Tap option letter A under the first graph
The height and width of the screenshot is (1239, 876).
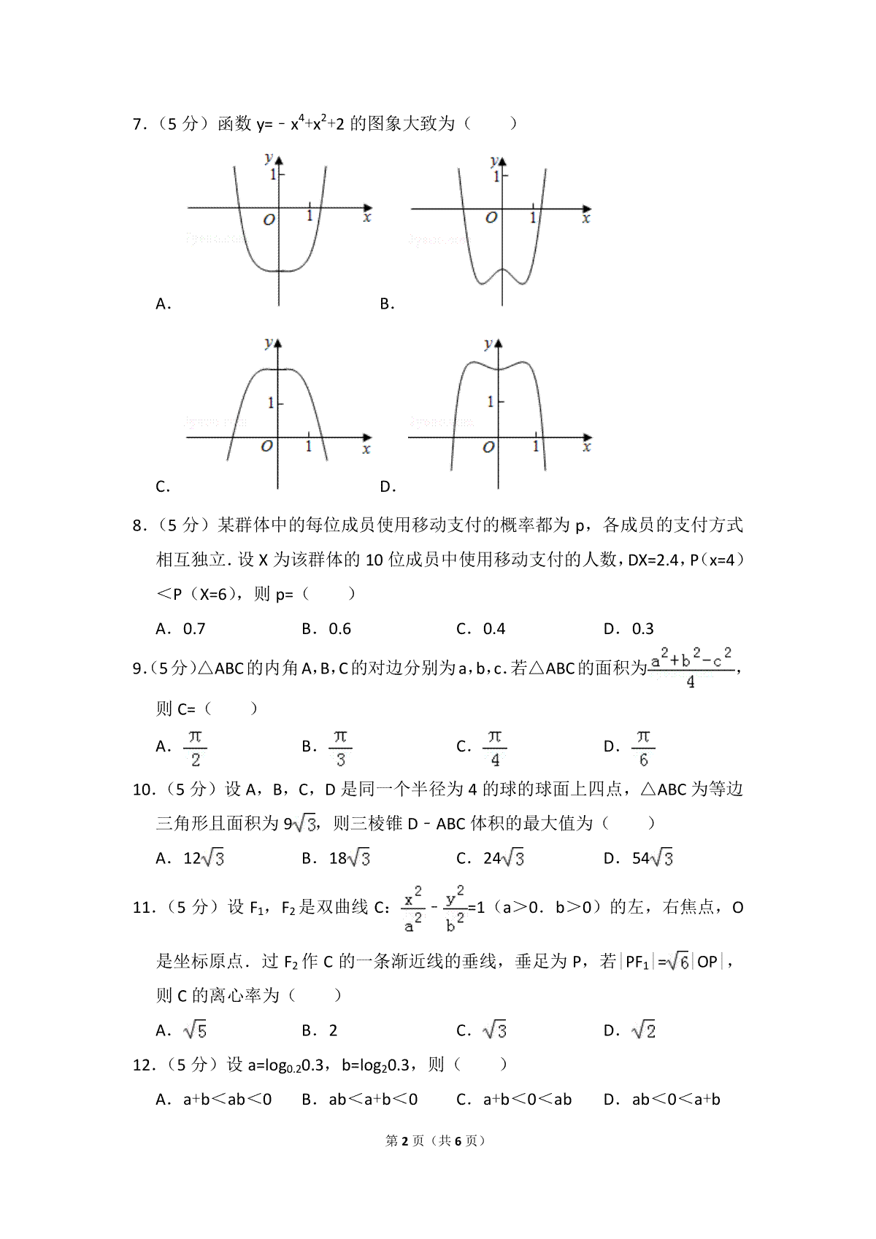[x=163, y=304]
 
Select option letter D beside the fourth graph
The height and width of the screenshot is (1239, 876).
[x=387, y=487]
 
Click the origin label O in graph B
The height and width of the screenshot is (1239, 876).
[x=491, y=217]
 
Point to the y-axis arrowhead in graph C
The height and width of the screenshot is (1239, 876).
[x=277, y=343]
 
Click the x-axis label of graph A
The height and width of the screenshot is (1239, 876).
[x=366, y=217]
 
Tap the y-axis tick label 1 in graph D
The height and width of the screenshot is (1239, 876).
[x=491, y=402]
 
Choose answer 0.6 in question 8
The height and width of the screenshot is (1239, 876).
[x=339, y=628]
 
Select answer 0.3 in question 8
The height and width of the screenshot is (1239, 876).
[x=642, y=628]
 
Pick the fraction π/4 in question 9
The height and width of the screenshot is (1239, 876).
[x=494, y=746]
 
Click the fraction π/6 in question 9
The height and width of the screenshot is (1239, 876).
[x=642, y=746]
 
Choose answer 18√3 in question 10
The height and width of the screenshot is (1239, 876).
[x=349, y=858]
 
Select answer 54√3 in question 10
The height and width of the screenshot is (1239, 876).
[x=652, y=858]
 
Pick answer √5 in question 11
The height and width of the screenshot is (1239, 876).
[x=195, y=1030]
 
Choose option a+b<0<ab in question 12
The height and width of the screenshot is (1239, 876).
[x=527, y=1099]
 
